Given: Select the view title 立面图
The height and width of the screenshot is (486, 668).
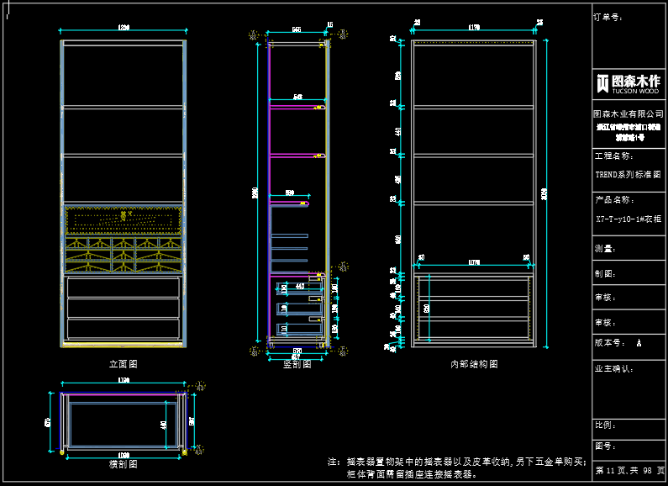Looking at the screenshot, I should (x=123, y=364).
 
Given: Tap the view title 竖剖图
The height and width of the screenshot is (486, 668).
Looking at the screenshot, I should (x=297, y=364).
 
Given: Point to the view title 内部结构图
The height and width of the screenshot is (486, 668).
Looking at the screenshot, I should (x=474, y=364).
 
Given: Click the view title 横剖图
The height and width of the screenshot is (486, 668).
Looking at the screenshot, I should (x=123, y=463).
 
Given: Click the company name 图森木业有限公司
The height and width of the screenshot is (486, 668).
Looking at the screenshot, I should (x=629, y=114).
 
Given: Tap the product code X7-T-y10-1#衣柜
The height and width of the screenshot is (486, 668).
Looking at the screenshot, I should (x=629, y=219).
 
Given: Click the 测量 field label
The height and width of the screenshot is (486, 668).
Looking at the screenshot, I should (x=605, y=249).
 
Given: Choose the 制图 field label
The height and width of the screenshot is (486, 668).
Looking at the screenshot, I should (x=605, y=273).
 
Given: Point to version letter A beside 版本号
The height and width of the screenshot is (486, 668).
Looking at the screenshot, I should (x=639, y=343).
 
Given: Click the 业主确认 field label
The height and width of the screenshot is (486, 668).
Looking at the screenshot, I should (x=613, y=368).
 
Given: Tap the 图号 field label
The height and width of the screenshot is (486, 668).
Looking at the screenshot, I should (x=605, y=446).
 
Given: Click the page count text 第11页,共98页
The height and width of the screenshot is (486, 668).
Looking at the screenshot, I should (x=629, y=470).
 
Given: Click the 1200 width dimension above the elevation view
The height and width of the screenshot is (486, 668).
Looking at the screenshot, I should (x=124, y=29).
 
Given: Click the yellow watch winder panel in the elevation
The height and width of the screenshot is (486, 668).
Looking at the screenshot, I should (x=124, y=219).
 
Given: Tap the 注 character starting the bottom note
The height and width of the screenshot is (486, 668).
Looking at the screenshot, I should (x=333, y=462).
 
